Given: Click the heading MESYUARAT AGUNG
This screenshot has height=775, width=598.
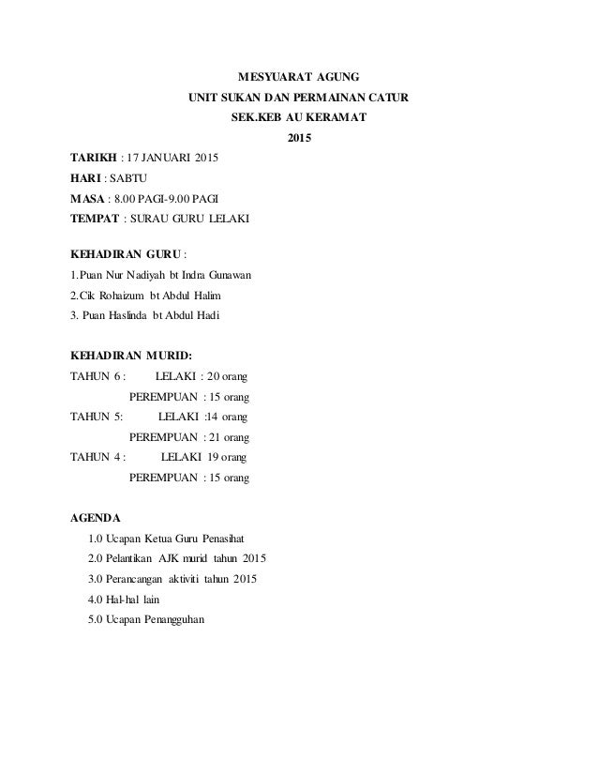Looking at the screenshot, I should coord(298,75).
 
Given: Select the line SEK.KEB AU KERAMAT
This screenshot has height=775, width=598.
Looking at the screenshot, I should coord(298,119).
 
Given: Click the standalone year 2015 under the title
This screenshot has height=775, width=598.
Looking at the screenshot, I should coord(298,141).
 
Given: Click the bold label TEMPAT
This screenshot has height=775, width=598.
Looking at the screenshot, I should coord(95,220).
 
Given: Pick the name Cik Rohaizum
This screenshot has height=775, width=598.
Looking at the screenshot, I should coord(106,296).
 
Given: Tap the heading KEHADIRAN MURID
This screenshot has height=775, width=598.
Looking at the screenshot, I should coord(130,357).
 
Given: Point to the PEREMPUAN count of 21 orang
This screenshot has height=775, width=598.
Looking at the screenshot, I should coord(229,437).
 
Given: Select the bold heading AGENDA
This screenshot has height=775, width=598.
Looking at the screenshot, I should coord(97,517).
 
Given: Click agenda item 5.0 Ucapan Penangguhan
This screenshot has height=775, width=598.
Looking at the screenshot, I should coord(148,620).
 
